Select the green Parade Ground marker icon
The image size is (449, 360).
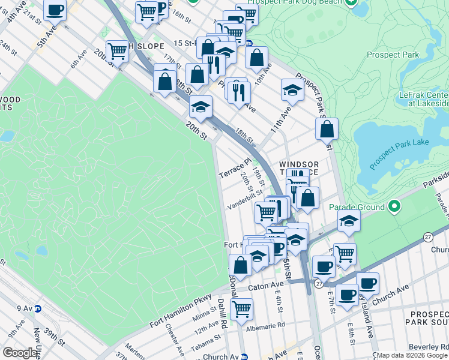tap(394, 207)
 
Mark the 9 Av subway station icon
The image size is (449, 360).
tap(37, 308)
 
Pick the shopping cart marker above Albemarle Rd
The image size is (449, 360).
tap(241, 309)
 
